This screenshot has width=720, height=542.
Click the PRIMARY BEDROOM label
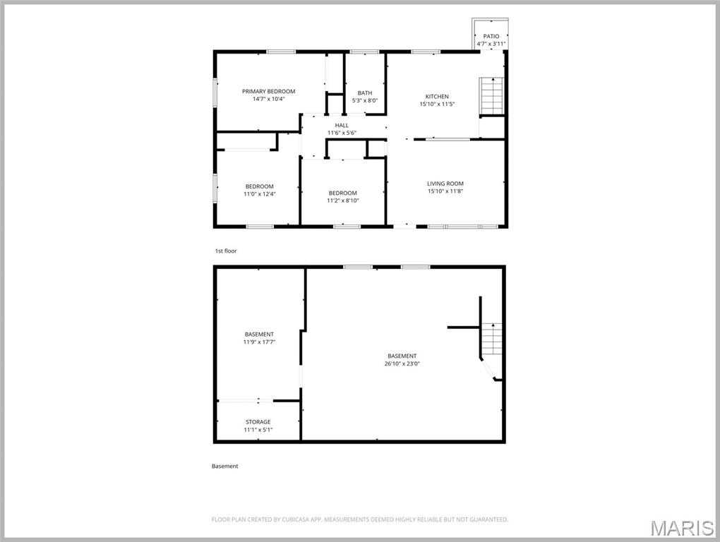(268, 91)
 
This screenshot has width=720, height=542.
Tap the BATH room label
(364, 92)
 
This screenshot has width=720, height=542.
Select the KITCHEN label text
(436, 96)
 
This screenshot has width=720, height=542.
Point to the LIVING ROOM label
(445, 183)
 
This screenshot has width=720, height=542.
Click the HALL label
(342, 125)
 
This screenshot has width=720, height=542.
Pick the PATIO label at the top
(491, 36)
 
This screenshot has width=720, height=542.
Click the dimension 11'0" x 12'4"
(259, 194)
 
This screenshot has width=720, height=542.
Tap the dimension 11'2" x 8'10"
(342, 200)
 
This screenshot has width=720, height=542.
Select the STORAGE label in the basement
(258, 422)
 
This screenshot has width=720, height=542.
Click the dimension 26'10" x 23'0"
(402, 363)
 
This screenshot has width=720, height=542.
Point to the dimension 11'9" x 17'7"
(259, 342)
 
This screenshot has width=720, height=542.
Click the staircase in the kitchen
(491, 95)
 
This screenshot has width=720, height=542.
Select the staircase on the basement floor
(492, 339)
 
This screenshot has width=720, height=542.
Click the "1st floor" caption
(226, 251)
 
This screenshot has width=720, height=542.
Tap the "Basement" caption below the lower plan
(225, 466)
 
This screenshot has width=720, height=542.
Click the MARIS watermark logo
(681, 528)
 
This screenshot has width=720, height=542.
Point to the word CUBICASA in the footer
(290, 519)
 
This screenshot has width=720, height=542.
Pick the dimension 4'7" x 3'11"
(491, 44)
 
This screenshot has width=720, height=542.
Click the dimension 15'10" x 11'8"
(445, 191)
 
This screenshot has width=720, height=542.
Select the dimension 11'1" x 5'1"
(258, 430)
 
